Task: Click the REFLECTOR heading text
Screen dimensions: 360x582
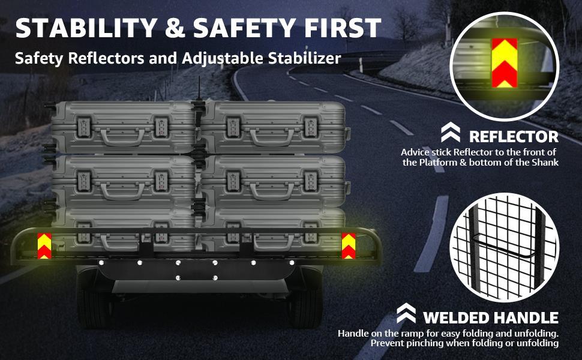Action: [x=513, y=136]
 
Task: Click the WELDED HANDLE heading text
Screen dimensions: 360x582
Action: [x=490, y=317]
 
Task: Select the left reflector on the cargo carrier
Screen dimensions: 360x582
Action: [x=44, y=245]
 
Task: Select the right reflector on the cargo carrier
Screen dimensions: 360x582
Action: [x=349, y=245]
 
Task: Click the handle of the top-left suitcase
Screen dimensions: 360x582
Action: [x=122, y=136]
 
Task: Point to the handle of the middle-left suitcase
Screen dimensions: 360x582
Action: [x=122, y=191]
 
